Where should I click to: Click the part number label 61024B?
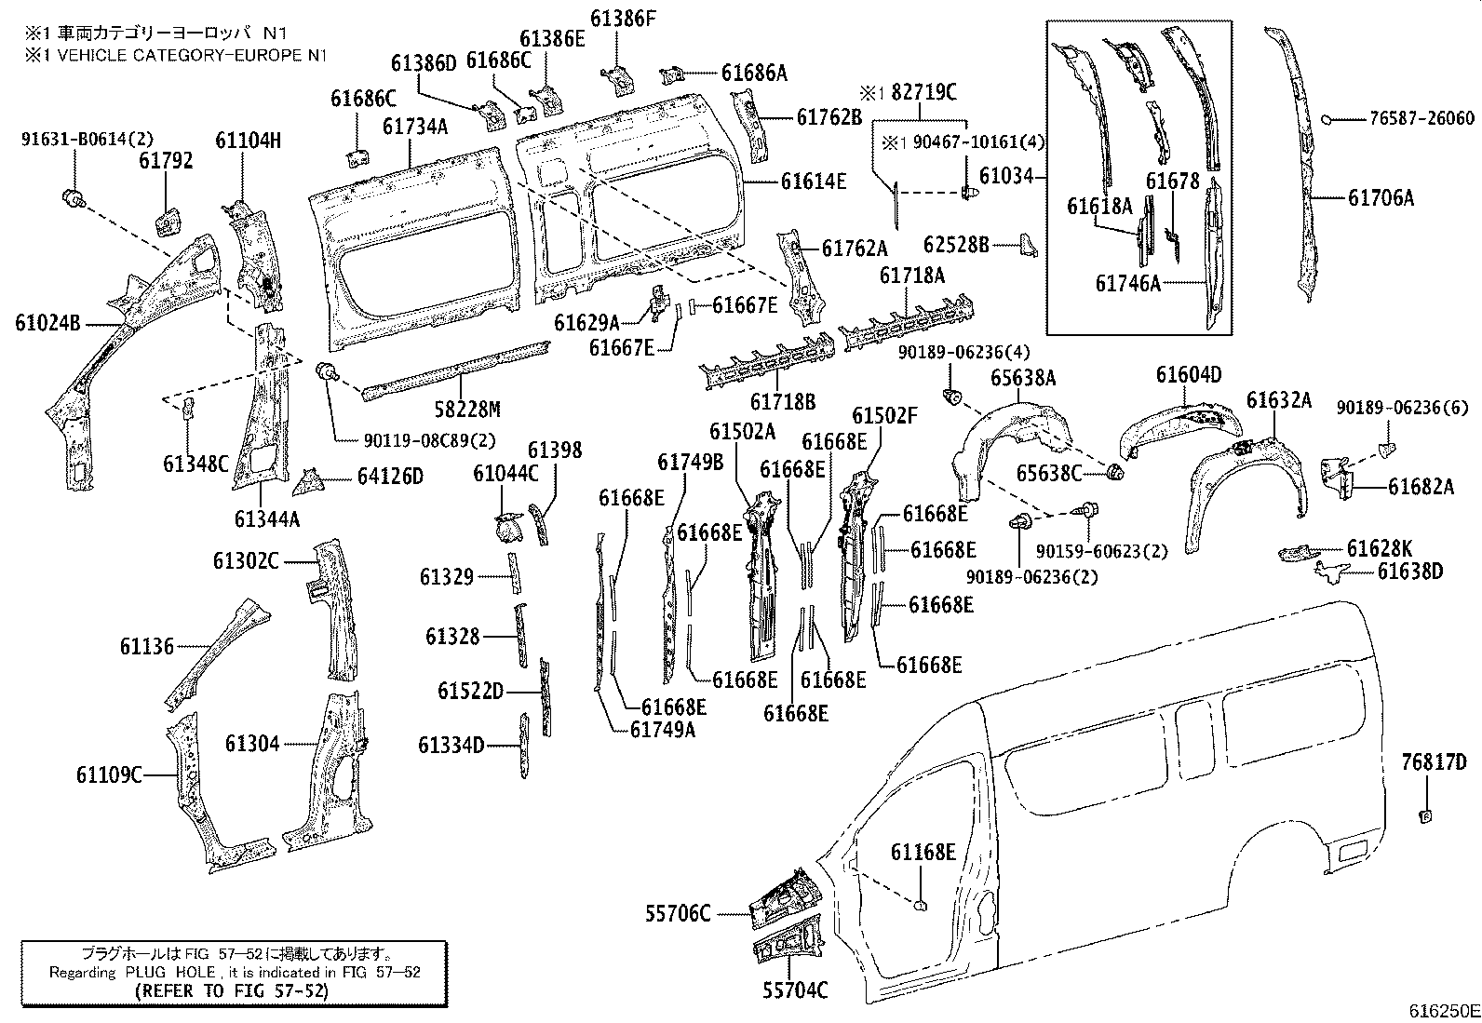(47, 324)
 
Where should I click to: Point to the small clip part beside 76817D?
(1424, 816)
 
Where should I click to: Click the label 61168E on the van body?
(923, 852)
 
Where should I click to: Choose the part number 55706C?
(678, 914)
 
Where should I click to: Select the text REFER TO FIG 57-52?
(231, 991)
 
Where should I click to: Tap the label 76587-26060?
(1421, 118)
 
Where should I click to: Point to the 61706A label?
(1381, 197)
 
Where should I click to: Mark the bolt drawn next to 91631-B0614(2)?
(71, 196)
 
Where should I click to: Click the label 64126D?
(390, 477)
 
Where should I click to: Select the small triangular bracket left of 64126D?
(307, 482)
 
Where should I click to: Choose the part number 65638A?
(1023, 378)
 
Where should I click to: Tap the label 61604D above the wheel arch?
(1189, 375)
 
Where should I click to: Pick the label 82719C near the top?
(923, 92)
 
